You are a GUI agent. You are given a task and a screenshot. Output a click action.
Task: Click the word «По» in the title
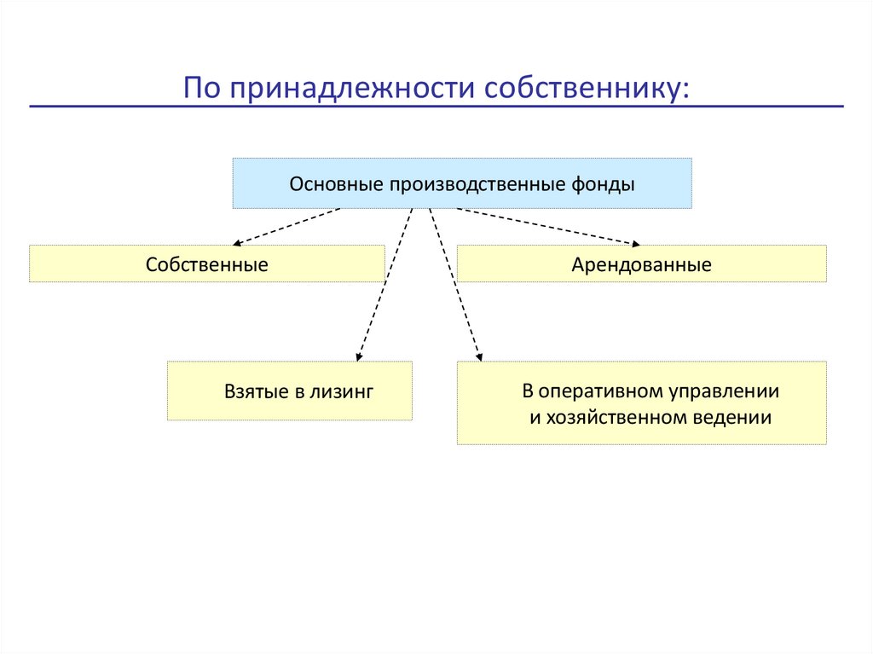coord(201,88)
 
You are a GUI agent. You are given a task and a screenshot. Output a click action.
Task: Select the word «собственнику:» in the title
coord(587,88)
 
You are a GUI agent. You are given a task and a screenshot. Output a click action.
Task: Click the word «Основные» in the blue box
coord(338,184)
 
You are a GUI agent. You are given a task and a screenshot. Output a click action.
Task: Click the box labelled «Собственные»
coord(206,264)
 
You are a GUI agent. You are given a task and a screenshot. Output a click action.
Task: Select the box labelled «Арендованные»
coord(641,264)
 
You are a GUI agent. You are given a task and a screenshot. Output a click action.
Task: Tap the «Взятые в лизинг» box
coord(290,391)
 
